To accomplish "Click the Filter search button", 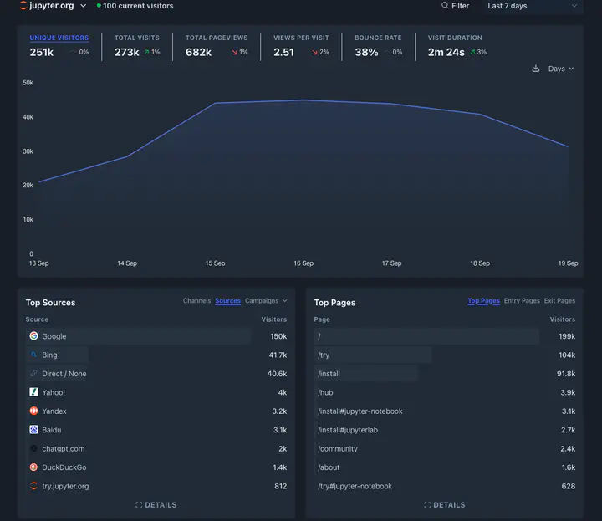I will click(456, 6).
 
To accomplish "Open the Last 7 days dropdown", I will click(532, 6).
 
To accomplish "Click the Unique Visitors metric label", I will click(59, 38).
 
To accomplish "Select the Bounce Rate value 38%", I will click(366, 52).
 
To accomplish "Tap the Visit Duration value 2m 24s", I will click(446, 52).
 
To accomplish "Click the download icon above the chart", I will click(536, 69).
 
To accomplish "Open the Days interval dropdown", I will click(560, 69).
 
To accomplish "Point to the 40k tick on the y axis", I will click(28, 117).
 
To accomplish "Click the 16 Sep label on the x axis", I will click(304, 263).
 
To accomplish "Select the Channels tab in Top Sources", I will click(196, 301).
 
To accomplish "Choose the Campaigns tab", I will click(265, 301).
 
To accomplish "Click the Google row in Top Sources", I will click(54, 336).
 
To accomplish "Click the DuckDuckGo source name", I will click(64, 467).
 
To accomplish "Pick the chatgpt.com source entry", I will click(63, 449).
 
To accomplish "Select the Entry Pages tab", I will click(522, 301).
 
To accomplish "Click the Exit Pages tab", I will click(559, 301).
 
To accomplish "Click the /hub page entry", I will click(325, 392).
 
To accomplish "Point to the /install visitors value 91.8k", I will click(566, 374).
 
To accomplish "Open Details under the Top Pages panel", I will click(444, 505).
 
